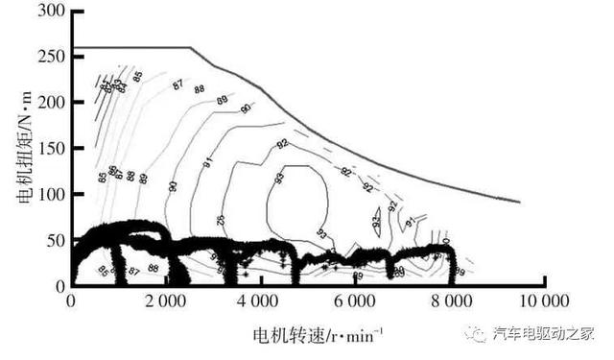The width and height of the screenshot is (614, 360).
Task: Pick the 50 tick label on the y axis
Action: pos(56,240)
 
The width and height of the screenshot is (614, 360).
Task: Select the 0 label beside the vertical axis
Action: pos(59,286)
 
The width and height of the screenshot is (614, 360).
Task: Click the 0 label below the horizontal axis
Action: pos(72,302)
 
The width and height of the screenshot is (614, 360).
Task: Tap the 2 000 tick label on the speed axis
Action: pos(165,302)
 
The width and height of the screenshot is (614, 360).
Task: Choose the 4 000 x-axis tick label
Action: pos(260,302)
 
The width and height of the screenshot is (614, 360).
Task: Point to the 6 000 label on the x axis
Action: pos(354,302)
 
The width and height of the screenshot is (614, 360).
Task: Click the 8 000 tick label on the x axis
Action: pos(449,302)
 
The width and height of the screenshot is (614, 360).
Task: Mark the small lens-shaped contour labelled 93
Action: pos(377,220)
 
